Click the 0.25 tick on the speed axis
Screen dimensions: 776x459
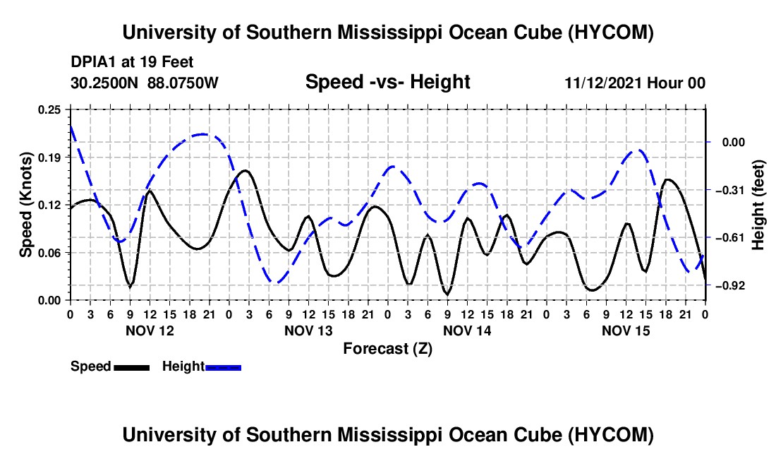coord(49,109)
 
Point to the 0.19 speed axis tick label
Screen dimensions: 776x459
coord(49,157)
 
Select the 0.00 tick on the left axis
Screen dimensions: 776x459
coord(49,301)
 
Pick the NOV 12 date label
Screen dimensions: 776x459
coord(150,330)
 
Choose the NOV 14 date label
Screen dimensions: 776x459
coord(467,330)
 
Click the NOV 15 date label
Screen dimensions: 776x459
coord(626,330)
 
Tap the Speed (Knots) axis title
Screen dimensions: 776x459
coord(25,205)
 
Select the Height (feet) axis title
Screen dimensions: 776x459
coord(758,205)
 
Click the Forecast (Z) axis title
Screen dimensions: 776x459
coord(388,349)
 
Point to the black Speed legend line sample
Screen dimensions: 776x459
coord(132,367)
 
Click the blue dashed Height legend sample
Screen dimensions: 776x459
coord(223,367)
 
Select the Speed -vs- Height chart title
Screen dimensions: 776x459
coord(388,82)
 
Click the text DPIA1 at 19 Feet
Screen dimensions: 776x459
coord(132,62)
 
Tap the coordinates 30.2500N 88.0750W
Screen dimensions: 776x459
coord(145,83)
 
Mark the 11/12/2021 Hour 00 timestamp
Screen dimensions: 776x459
coord(635,83)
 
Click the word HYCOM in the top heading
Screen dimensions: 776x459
coord(611,32)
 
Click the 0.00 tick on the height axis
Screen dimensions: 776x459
coord(733,143)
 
